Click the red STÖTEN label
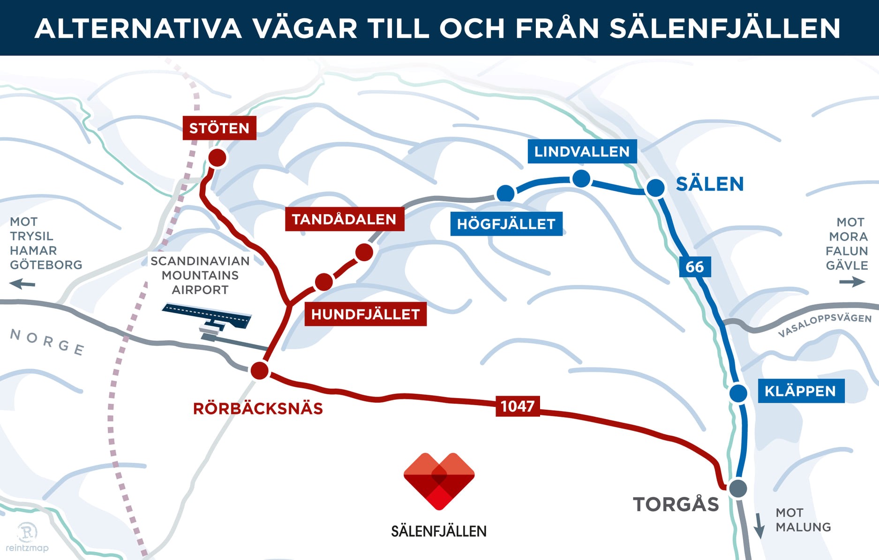pos(219,128)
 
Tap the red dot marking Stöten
pos(217,158)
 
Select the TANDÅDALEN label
pos(344,219)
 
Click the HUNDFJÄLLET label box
pos(365,314)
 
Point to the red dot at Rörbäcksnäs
pos(259,370)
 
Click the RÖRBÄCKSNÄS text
pos(258,408)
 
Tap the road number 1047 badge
pos(517,406)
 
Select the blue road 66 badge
pos(695,267)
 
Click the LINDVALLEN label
pos(582,151)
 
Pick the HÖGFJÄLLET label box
pos(506,224)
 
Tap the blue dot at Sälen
pos(655,187)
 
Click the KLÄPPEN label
pos(801,391)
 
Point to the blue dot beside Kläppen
pos(738,393)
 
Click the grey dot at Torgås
pos(738,488)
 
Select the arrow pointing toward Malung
pos(759,526)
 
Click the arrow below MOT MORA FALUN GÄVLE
pos(852,282)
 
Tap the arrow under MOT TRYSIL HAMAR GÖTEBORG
pos(23,284)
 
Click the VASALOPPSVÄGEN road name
pos(824,325)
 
